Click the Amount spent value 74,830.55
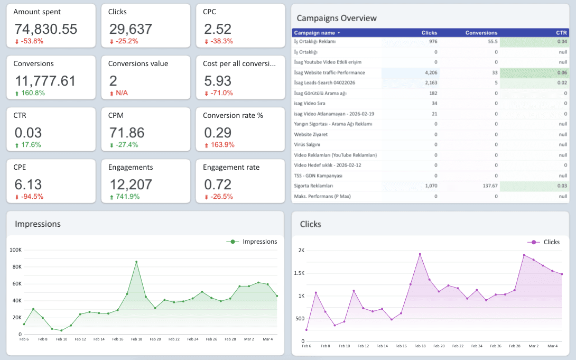coord(45,29)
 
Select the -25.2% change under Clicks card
coord(126,41)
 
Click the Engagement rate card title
coord(231,167)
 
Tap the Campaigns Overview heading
coord(337,18)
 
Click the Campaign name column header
coord(315,33)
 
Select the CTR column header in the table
coord(561,33)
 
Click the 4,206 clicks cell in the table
coord(431,72)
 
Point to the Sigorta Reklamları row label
coord(313,186)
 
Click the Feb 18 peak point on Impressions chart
coord(136,262)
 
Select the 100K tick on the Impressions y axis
coord(15,250)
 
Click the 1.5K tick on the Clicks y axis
coord(299,273)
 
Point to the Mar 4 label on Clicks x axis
coord(552,346)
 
